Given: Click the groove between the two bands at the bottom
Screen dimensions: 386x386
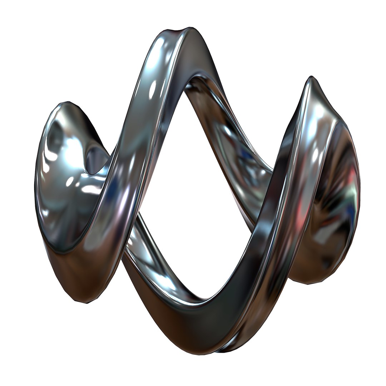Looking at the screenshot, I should point(229,345).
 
